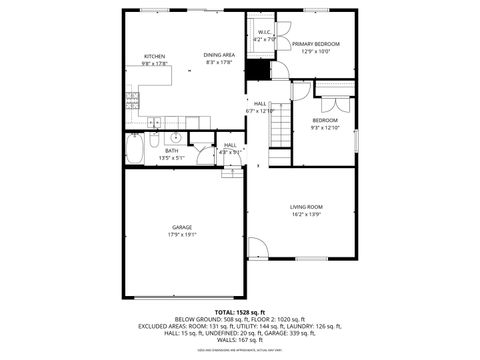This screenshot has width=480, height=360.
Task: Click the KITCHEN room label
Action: click(154, 56)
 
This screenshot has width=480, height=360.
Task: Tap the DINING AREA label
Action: click(220, 54)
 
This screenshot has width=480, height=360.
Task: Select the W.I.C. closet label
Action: click(264, 32)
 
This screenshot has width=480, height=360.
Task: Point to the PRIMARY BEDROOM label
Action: click(316, 44)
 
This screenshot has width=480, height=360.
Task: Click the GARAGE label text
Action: click(182, 227)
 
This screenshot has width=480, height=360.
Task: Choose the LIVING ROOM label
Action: click(306, 206)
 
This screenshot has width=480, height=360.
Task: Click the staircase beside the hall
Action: click(281, 124)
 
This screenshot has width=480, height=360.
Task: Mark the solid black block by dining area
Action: click(259, 70)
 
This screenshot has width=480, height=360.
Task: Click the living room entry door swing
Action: click(257, 247)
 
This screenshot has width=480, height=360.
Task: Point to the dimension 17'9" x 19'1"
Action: click(182, 235)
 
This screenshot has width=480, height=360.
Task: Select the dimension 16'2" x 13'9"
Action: click(306, 214)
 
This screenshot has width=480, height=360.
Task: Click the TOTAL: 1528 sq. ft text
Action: click(239, 312)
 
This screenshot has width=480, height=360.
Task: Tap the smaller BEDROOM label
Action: click(325, 120)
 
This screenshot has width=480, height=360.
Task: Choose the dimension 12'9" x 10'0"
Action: click(316, 52)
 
